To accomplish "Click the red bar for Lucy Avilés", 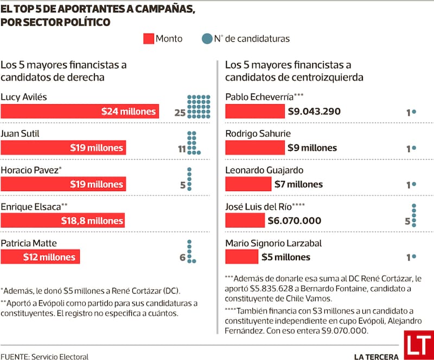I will tap(80, 111).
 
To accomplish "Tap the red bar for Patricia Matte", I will tap(41, 256).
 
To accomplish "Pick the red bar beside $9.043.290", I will tap(255, 111).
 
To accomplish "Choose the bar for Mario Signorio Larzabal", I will tap(242, 257).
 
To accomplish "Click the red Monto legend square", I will tap(149, 39).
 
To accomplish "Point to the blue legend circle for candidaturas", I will tap(206, 39).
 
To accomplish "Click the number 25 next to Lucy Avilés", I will tap(180, 113).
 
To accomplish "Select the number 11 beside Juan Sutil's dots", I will tap(181, 148).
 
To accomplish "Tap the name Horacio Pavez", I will tap(30, 170).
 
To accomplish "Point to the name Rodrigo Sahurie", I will tap(258, 134).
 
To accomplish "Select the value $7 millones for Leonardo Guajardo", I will tap(298, 184).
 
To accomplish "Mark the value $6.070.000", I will tap(295, 220).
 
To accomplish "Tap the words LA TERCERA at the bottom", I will tap(376, 356).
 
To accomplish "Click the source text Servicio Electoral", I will tap(60, 356).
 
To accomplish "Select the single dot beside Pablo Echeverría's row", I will tap(414, 111).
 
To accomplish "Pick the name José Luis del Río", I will tap(258, 206).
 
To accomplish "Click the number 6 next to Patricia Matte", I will tap(183, 257).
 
